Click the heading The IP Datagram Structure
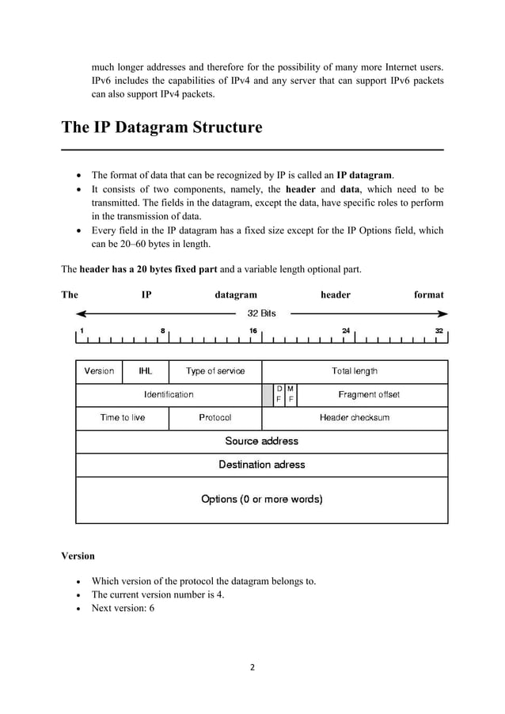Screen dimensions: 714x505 tap(161, 127)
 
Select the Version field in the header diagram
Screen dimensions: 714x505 tap(99, 370)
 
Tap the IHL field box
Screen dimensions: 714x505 tap(146, 370)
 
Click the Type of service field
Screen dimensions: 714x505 tap(215, 370)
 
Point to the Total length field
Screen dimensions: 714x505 tap(354, 370)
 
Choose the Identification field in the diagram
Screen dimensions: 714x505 tap(169, 394)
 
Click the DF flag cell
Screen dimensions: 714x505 tap(279, 394)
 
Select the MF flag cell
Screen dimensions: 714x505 tap(290, 394)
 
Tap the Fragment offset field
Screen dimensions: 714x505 tap(369, 394)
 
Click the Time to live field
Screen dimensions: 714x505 tap(123, 417)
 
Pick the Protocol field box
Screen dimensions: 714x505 tap(215, 417)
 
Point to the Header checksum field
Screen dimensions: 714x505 tap(354, 417)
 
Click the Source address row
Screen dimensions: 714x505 tap(262, 441)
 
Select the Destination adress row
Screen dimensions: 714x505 tap(262, 465)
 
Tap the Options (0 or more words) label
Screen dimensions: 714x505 tap(262, 499)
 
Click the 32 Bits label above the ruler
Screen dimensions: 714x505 tap(262, 313)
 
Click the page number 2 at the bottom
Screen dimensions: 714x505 tap(252, 667)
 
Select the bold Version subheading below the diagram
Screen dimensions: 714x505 tap(78, 556)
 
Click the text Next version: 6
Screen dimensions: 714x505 tap(123, 608)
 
